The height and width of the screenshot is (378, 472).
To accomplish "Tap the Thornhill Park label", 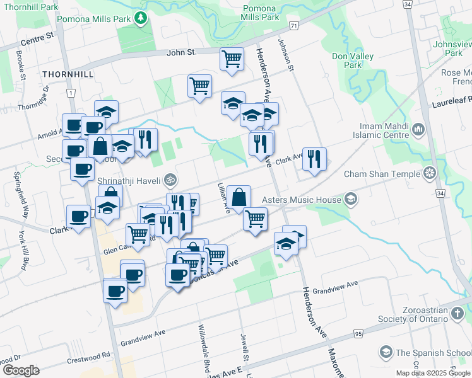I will click(29, 7).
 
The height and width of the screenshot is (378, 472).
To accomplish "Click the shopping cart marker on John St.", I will click(232, 59).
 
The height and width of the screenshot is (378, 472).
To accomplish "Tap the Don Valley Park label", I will click(353, 60).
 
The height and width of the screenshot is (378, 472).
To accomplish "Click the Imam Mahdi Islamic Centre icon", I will click(418, 130).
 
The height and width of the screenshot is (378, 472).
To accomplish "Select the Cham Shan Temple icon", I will click(430, 173).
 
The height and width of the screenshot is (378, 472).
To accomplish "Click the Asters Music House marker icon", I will click(350, 200).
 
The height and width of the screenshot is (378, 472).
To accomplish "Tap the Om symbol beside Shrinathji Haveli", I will click(168, 180).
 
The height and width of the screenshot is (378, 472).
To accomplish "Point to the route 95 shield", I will click(358, 333).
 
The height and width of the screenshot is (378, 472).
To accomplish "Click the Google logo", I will click(20, 370).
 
